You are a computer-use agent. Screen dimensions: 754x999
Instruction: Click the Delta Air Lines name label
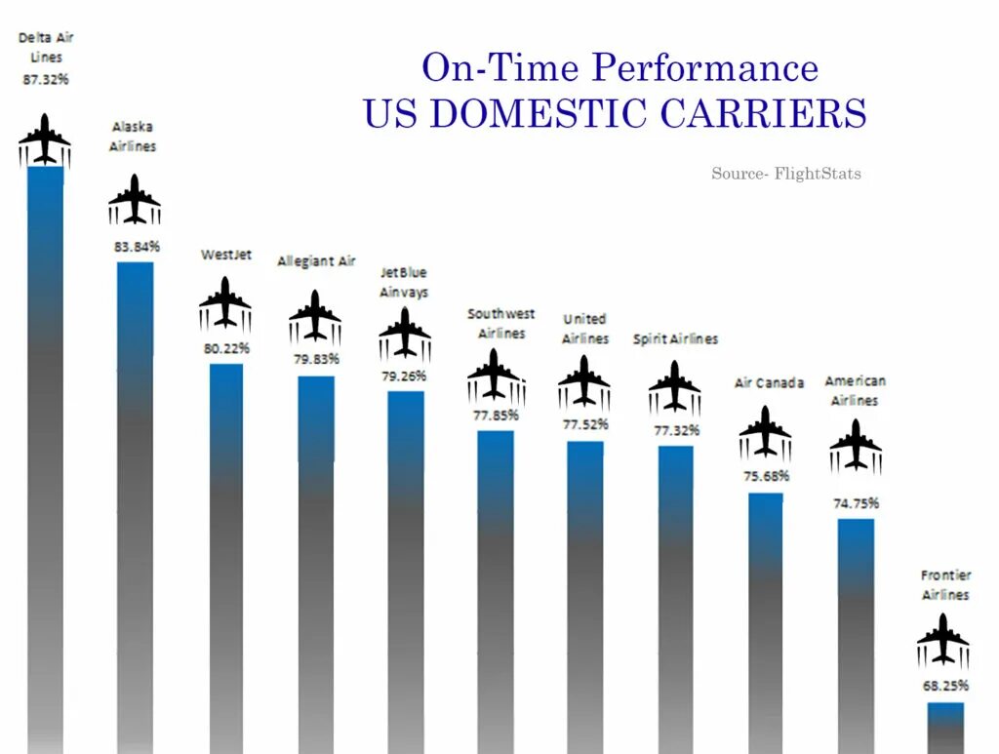[x=46, y=48]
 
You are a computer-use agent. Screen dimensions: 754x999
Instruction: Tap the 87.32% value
[x=46, y=79]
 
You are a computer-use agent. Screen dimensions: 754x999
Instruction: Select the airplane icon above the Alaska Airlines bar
[x=135, y=200]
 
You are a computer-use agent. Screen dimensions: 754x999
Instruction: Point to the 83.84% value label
[x=137, y=247]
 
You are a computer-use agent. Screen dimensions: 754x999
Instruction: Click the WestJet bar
[x=226, y=556]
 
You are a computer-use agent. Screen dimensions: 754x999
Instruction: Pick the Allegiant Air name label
[x=316, y=261]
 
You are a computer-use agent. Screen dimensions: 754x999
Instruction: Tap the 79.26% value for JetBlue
[x=405, y=374]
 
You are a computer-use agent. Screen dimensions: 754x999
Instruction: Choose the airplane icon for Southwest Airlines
[x=496, y=377]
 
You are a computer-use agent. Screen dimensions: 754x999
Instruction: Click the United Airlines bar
[x=585, y=595]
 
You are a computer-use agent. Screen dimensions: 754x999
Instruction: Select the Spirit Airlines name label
[x=675, y=339]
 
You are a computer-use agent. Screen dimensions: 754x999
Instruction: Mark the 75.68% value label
[x=766, y=476]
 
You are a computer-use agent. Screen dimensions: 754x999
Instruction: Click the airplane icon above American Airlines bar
[x=856, y=446]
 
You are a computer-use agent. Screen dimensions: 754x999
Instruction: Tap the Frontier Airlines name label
[x=945, y=585]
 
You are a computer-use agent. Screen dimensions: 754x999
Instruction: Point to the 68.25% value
[x=944, y=686]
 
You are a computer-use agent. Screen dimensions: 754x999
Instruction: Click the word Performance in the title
[x=704, y=68]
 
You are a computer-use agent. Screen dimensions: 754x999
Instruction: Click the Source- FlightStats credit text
[x=786, y=174]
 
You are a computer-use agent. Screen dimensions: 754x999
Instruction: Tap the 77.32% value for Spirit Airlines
[x=675, y=430]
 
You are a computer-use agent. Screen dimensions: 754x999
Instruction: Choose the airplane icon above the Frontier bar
[x=943, y=640]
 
